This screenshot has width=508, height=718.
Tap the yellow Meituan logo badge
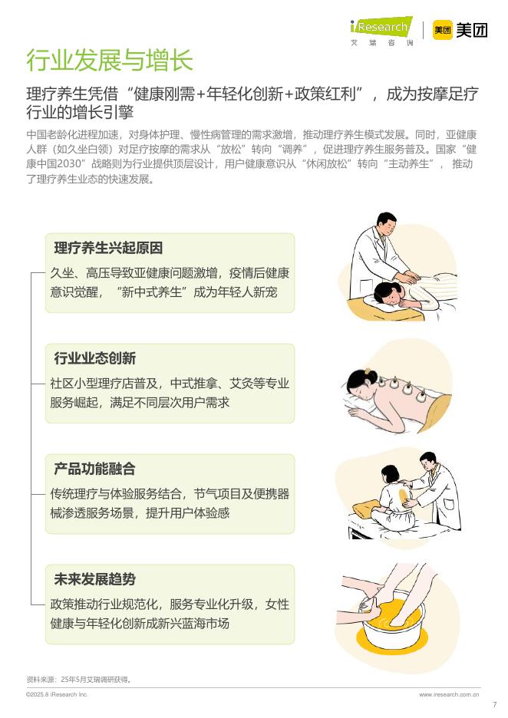pyautogui.click(x=443, y=30)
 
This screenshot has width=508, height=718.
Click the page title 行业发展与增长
pyautogui.click(x=110, y=59)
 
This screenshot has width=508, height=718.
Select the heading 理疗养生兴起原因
pyautogui.click(x=108, y=249)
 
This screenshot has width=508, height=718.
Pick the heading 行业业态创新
pyautogui.click(x=95, y=359)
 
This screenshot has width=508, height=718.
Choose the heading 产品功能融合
pyautogui.click(x=95, y=469)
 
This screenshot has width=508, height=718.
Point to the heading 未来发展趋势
pyautogui.click(x=95, y=580)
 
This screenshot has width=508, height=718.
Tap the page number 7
pyautogui.click(x=494, y=705)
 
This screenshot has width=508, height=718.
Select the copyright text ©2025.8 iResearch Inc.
pyautogui.click(x=58, y=694)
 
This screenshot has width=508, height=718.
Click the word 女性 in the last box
pyautogui.click(x=277, y=604)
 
